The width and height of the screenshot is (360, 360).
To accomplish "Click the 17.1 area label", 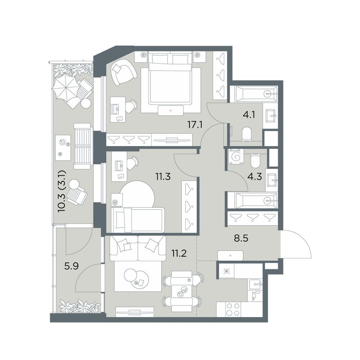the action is click(x=195, y=125).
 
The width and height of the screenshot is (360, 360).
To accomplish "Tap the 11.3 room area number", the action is click(x=163, y=177).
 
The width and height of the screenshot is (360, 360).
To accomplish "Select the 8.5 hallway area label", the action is click(x=241, y=238).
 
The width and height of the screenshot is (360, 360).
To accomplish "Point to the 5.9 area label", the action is click(x=71, y=266).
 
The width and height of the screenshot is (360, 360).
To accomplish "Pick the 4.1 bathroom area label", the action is click(x=249, y=114).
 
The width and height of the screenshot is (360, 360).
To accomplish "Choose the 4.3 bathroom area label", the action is click(x=255, y=177).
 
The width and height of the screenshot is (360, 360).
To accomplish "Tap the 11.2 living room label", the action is click(x=179, y=253).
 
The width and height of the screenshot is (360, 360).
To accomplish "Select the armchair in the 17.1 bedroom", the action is click(x=123, y=72).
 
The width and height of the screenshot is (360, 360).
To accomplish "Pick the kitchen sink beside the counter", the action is click(x=255, y=284).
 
